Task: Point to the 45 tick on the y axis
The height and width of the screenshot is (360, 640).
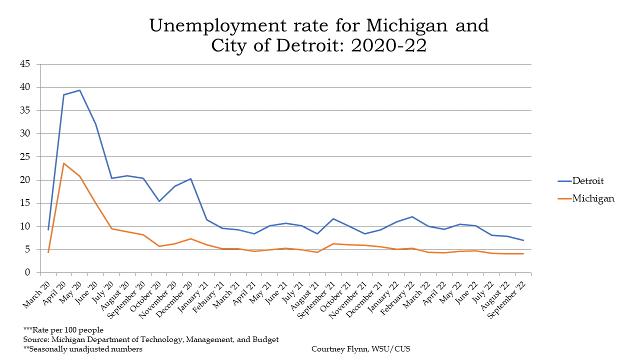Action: (25, 64)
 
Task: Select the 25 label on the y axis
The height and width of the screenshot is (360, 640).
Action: (25, 156)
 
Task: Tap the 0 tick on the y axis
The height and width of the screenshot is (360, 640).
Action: (28, 272)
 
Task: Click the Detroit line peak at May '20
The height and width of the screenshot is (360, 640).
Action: (79, 90)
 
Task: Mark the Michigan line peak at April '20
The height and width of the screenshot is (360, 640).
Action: (64, 163)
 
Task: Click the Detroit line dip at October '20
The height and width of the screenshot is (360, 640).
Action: (159, 201)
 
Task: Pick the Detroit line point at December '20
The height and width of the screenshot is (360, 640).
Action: (190, 178)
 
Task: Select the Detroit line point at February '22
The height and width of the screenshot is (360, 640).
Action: (412, 216)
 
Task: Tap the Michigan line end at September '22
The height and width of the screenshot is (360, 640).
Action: (523, 253)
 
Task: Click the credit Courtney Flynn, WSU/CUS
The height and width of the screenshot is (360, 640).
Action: (360, 349)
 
